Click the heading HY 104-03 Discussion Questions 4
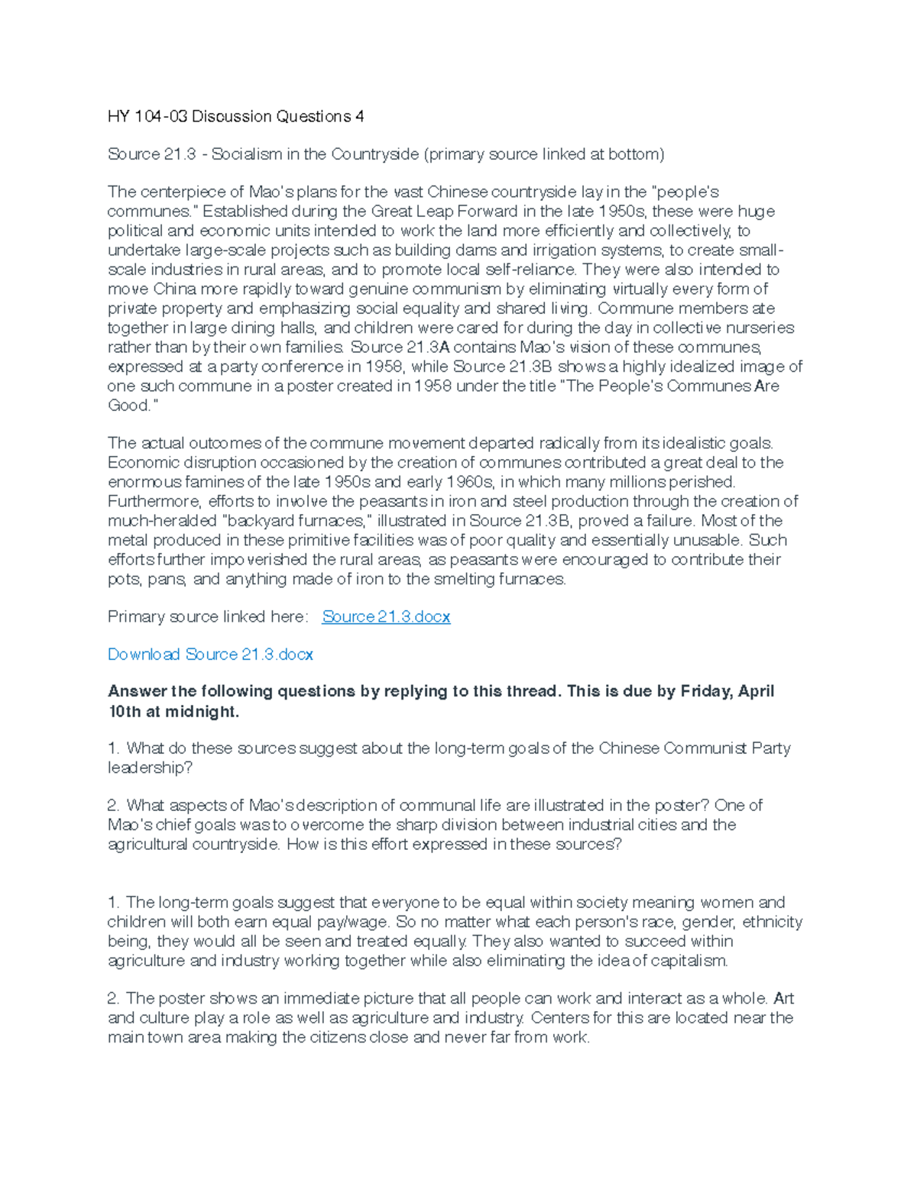pyautogui.click(x=235, y=116)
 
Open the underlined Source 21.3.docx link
pyautogui.click(x=386, y=616)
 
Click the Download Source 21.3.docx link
pyautogui.click(x=210, y=654)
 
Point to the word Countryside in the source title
pyautogui.click(x=374, y=154)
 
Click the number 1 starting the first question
pyautogui.click(x=112, y=748)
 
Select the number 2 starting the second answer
pyautogui.click(x=112, y=998)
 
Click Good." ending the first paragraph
pyautogui.click(x=132, y=406)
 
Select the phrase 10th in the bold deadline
pyautogui.click(x=124, y=712)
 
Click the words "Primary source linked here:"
pyautogui.click(x=207, y=616)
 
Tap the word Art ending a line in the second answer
pyautogui.click(x=783, y=998)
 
